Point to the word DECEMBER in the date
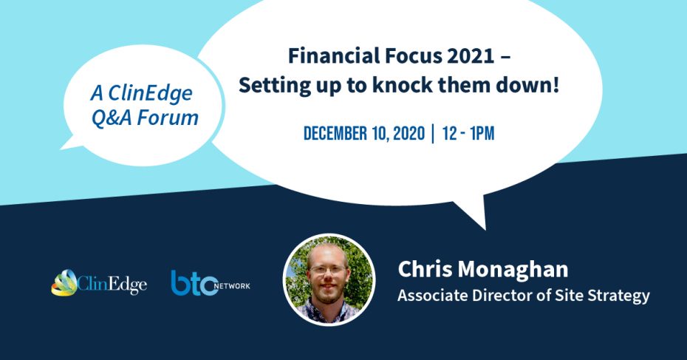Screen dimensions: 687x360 (335, 133)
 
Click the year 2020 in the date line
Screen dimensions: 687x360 (409, 133)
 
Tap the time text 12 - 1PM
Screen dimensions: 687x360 (468, 133)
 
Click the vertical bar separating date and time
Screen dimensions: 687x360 (433, 133)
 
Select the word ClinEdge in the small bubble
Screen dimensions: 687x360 (150, 93)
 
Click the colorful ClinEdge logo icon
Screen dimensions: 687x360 (64, 282)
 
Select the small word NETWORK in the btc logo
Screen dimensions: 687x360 (232, 286)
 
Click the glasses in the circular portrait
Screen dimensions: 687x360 (327, 270)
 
